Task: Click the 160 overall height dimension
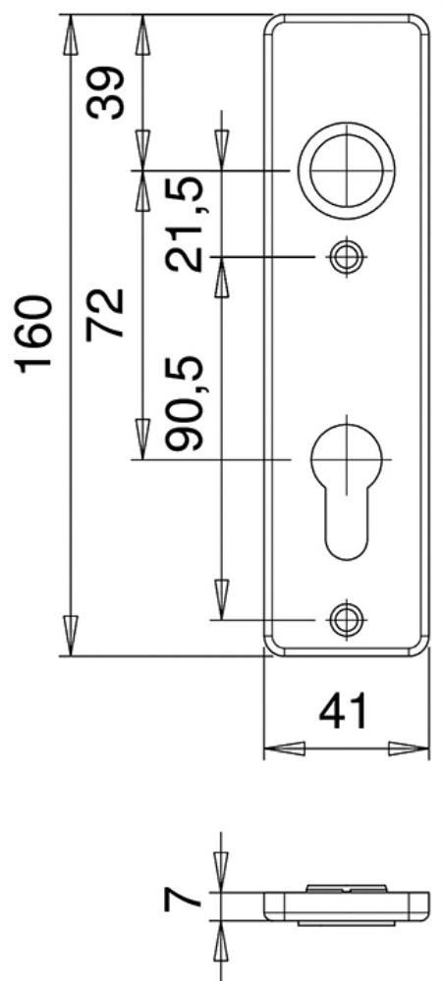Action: (35, 335)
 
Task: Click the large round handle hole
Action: (347, 170)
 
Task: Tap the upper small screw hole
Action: (347, 256)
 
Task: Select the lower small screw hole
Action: (347, 619)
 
